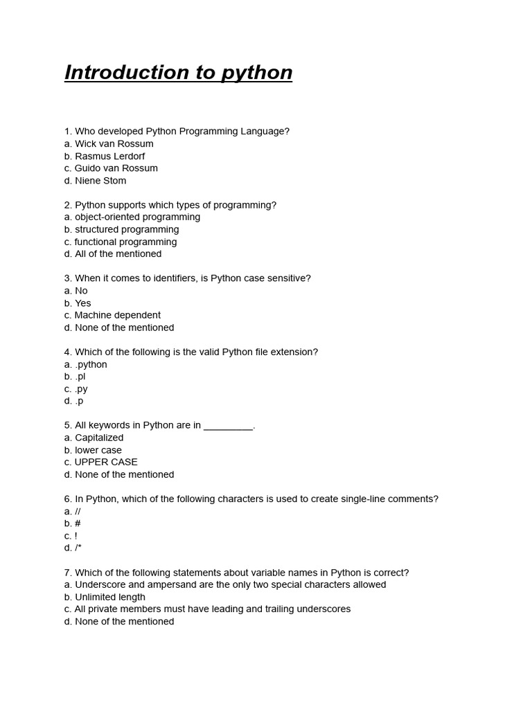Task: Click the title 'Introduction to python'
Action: click(x=178, y=73)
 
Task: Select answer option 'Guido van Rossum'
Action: click(x=116, y=168)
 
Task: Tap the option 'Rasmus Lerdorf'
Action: click(x=109, y=156)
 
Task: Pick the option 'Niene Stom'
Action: click(x=100, y=181)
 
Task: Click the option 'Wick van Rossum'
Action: click(x=114, y=144)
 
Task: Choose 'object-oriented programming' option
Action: click(x=137, y=217)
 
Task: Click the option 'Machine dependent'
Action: click(x=117, y=315)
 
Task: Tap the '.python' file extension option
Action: click(x=91, y=364)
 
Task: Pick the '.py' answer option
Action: click(x=81, y=389)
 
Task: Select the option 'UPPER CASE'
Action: click(x=105, y=462)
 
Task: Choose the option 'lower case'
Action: click(x=98, y=450)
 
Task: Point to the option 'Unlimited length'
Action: click(x=109, y=597)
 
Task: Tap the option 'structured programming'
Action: click(x=126, y=230)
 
